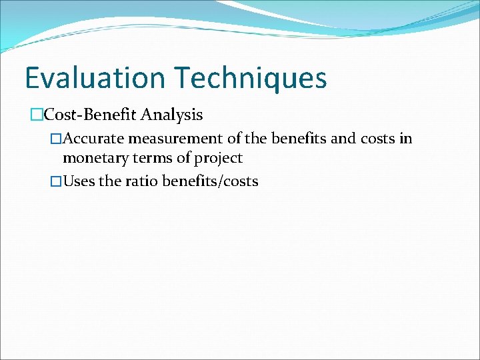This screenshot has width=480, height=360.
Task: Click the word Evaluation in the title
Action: [95, 77]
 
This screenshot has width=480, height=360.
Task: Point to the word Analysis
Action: [172, 115]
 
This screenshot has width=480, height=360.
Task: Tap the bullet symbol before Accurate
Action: [56, 139]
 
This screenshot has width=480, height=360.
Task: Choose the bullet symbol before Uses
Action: [56, 181]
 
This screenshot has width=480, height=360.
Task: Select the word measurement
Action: [166, 139]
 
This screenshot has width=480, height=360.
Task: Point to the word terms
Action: [142, 159]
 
